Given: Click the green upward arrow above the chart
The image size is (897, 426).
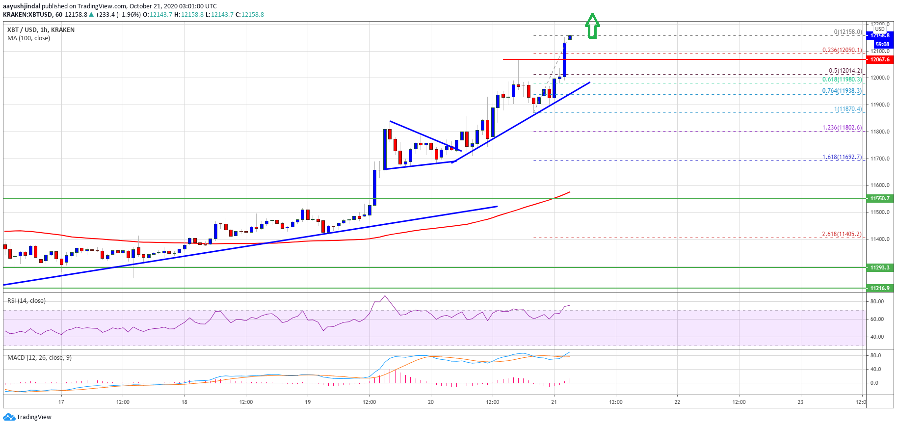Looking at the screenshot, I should (x=592, y=26).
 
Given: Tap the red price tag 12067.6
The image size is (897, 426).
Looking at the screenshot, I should (x=879, y=59).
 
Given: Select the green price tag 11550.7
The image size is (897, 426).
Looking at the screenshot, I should (x=879, y=198).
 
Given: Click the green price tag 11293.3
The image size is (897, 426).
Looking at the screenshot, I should (x=879, y=267).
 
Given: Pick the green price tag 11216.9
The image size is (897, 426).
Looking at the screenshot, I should (x=879, y=288).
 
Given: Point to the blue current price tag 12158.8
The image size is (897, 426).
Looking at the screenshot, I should (x=879, y=35).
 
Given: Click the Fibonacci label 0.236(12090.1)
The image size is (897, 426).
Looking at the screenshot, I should (x=842, y=50).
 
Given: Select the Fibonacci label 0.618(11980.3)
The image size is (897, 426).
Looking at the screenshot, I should (x=842, y=80).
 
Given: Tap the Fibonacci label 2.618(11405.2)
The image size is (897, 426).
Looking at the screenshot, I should (x=841, y=234).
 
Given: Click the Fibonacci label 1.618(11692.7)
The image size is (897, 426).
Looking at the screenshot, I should (x=842, y=157).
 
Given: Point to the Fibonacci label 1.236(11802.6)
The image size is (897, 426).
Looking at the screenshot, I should (x=842, y=128).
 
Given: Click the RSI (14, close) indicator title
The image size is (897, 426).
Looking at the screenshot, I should (x=26, y=301).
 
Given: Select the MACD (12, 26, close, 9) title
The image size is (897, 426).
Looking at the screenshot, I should (x=39, y=358).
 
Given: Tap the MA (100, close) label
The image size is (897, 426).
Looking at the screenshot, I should (x=28, y=38).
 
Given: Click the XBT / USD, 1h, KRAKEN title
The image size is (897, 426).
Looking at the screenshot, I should (x=41, y=30).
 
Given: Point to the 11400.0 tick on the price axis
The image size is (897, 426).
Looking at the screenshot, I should (x=880, y=239).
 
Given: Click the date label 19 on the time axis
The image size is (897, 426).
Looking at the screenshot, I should (x=308, y=402).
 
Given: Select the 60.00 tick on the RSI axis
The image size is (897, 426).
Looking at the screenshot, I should (x=877, y=319).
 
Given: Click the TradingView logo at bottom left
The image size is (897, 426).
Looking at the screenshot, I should (x=27, y=417).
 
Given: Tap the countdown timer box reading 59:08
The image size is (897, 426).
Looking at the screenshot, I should (x=882, y=44).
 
